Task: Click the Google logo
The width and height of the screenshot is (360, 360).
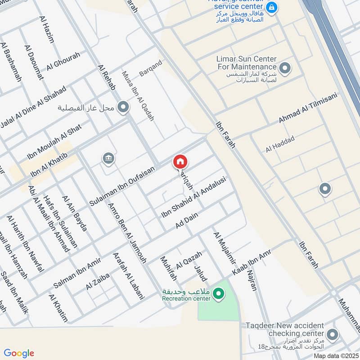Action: pyautogui.click(x=19, y=353)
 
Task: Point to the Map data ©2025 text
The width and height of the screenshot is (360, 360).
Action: pyautogui.click(x=335, y=355)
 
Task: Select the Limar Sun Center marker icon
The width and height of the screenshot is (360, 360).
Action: pyautogui.click(x=284, y=68)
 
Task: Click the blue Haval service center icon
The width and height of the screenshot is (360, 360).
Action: pyautogui.click(x=271, y=8)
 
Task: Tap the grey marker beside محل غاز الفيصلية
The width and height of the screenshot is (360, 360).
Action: pyautogui.click(x=123, y=107)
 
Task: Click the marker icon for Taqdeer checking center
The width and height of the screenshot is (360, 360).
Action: pyautogui.click(x=332, y=334)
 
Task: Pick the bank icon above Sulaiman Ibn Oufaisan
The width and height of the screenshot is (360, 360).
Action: pyautogui.click(x=108, y=158)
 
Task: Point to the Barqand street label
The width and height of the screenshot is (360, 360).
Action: pyautogui.click(x=150, y=67)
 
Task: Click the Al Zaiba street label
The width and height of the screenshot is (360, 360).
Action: pyautogui.click(x=98, y=282)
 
